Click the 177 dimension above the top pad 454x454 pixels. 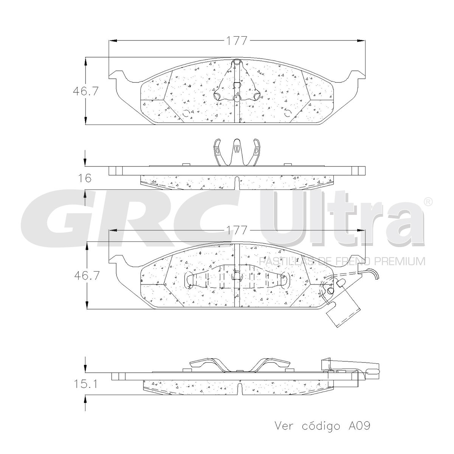tap(236, 41)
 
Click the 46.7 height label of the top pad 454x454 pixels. tap(85, 92)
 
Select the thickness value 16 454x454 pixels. tap(85, 178)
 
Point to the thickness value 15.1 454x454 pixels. tap(85, 384)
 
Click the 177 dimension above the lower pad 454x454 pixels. tap(236, 230)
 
